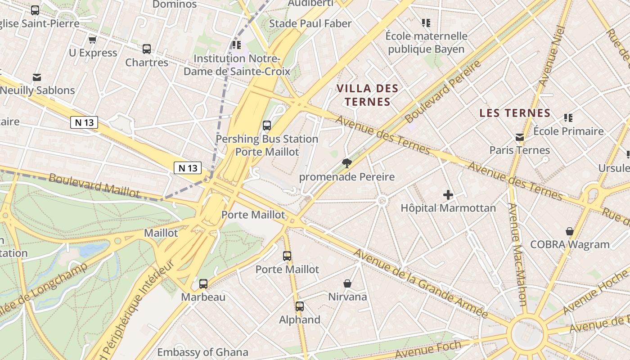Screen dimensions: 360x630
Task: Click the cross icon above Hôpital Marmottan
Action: point(448,195)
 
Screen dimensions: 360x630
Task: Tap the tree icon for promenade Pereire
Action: point(346,163)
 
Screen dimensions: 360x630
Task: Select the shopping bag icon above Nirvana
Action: point(347,283)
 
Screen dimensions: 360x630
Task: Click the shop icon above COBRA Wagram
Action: point(570,231)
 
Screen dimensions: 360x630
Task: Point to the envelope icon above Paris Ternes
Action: point(520,137)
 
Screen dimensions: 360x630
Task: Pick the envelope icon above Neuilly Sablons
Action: point(37,77)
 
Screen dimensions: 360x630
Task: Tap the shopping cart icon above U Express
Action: point(93,40)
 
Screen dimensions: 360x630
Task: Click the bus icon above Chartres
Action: point(146,49)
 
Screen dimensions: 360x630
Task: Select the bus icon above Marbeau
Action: point(203,284)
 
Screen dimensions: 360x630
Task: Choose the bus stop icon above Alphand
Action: point(300,306)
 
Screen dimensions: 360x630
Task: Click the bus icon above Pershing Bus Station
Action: point(267,126)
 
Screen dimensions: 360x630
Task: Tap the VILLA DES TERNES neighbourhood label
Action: point(368,95)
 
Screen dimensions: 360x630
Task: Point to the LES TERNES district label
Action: point(515,113)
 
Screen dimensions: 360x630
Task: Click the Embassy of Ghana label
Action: point(202,352)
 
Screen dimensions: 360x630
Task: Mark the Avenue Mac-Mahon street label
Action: point(517,254)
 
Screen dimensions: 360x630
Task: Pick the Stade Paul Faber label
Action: point(310,23)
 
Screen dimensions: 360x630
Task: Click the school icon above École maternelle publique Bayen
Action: point(426,22)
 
